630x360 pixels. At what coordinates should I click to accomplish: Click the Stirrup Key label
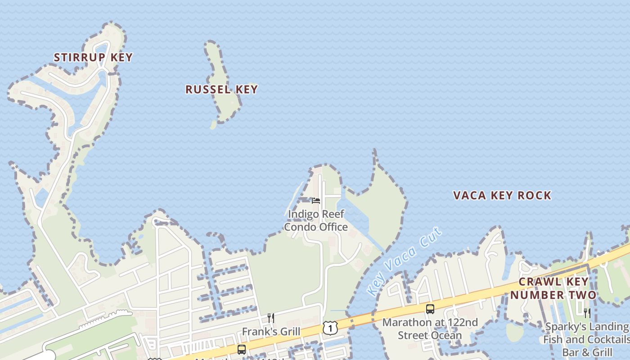point(93,57)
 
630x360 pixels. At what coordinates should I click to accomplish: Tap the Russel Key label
point(221,89)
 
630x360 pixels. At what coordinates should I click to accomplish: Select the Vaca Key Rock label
point(502,195)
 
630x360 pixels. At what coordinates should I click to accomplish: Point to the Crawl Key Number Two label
point(553,288)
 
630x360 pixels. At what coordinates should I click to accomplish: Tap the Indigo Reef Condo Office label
point(316,220)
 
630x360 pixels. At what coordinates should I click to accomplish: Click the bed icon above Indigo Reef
point(316,201)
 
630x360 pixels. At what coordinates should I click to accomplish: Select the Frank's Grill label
point(271,332)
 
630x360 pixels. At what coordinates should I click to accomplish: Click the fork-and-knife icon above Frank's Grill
point(271,318)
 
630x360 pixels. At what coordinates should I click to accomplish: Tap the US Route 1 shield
point(330,328)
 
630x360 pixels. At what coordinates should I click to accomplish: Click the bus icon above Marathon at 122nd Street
point(430,309)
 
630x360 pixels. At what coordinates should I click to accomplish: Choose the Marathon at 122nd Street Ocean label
point(430,329)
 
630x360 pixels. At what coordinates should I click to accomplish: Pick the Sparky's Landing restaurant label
point(587,339)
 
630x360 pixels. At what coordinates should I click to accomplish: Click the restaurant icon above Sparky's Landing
point(587,313)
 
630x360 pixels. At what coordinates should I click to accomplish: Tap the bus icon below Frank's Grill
point(242,350)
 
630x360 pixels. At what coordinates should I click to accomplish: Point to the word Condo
point(299,227)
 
